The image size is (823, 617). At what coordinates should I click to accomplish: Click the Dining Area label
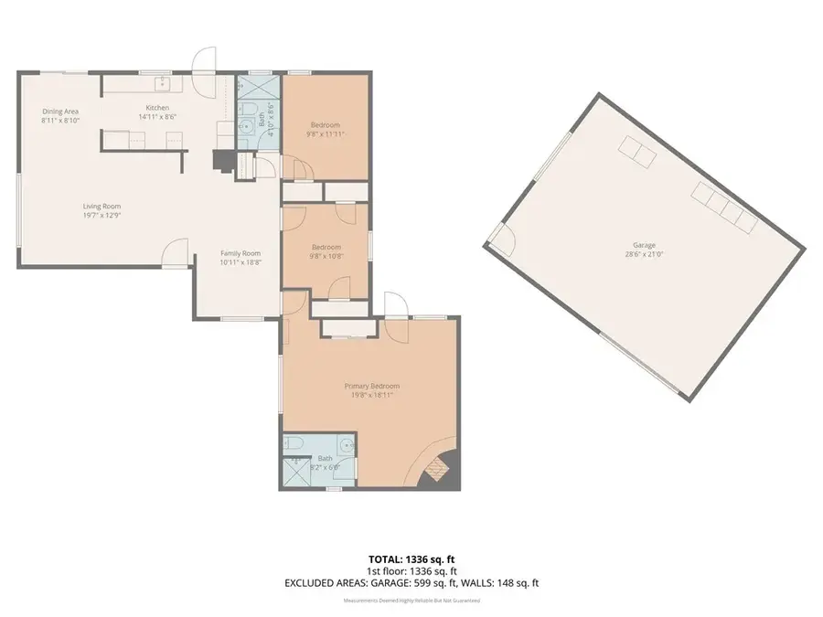tap(60, 112)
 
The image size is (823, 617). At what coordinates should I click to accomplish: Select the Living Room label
tap(102, 206)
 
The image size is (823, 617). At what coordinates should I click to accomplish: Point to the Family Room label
tap(240, 253)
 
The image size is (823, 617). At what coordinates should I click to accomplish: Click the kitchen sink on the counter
tap(166, 85)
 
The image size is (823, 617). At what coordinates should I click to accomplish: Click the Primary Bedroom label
tap(372, 386)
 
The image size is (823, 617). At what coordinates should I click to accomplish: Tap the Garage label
tap(645, 245)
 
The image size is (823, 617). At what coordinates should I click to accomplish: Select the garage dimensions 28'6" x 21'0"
tap(645, 254)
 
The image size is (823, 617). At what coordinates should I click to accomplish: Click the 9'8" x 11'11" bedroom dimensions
tap(326, 133)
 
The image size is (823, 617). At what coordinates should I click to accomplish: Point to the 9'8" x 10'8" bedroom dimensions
tap(326, 256)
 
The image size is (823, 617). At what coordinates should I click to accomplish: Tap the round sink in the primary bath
tap(344, 446)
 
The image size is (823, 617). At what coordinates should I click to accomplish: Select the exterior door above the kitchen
tap(207, 60)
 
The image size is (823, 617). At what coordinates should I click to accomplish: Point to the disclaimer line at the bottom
tap(411, 601)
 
